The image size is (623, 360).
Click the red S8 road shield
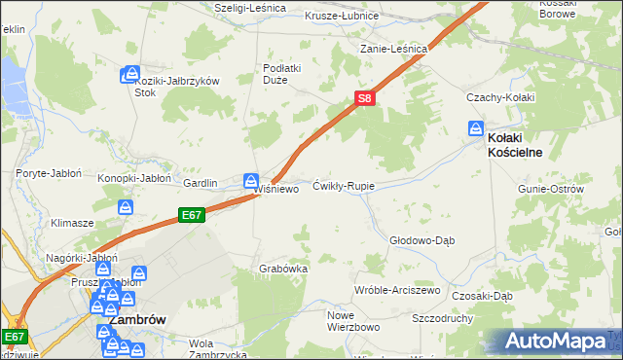[x=363, y=98]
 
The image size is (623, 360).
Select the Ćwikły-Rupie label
[x=344, y=185]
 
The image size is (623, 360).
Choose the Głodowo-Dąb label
[x=422, y=239]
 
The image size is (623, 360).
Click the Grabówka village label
[x=283, y=269]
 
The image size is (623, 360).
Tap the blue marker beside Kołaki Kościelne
[x=476, y=127]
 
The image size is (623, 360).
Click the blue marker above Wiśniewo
[x=251, y=180]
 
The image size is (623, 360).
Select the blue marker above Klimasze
[x=125, y=207]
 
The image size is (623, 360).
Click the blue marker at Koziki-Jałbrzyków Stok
[x=130, y=74]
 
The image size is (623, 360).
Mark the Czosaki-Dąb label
[x=482, y=296]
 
